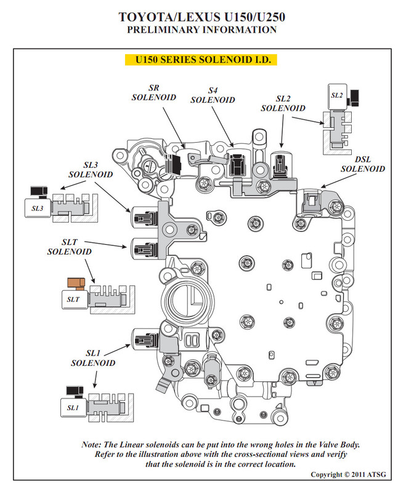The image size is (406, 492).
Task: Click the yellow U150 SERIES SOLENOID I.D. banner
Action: tap(201, 60)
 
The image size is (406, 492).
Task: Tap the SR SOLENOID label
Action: tap(153, 93)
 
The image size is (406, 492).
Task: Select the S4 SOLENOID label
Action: tap(213, 95)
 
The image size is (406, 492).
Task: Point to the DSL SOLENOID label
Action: tap(363, 164)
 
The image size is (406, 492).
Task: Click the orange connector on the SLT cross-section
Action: tap(76, 284)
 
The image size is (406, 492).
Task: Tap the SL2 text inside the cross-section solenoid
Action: tap(336, 95)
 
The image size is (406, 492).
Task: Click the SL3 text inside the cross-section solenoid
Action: tap(37, 208)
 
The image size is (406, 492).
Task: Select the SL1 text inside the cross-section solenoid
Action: tap(73, 408)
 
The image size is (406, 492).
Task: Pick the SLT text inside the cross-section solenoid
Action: tap(73, 300)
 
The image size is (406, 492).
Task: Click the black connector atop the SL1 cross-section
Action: tap(75, 391)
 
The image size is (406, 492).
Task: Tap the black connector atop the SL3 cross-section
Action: tap(39, 191)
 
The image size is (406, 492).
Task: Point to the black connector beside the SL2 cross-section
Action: tap(354, 98)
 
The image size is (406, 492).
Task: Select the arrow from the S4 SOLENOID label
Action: tap(222, 127)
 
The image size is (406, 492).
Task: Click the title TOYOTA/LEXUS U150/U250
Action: tap(201, 17)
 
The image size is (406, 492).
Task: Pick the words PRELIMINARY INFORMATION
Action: tap(201, 30)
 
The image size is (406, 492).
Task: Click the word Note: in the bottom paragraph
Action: tap(91, 445)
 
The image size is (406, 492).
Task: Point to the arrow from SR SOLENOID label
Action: tap(174, 127)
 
